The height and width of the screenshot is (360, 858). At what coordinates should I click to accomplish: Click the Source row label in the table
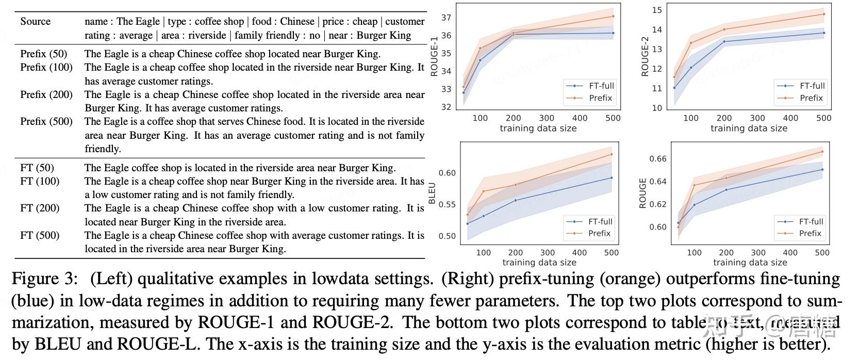[x=35, y=22]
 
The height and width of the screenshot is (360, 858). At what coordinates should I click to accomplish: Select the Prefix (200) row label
[x=46, y=94]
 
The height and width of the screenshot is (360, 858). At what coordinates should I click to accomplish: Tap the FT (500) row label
[x=40, y=235]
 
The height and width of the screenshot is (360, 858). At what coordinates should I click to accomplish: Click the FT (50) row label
[x=37, y=168]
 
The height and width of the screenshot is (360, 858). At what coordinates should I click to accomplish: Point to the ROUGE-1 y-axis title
[x=434, y=56]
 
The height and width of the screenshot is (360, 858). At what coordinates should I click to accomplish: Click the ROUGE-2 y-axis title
[x=645, y=56]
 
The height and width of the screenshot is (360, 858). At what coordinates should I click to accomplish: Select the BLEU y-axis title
[x=432, y=193]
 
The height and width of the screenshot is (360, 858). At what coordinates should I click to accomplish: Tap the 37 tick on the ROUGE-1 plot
[x=447, y=18]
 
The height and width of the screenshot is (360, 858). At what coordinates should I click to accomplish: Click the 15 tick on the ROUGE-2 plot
[x=657, y=10]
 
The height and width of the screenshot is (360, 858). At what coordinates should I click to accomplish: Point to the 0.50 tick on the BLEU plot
[x=447, y=236]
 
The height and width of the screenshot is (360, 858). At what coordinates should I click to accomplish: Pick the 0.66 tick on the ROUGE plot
[x=658, y=158]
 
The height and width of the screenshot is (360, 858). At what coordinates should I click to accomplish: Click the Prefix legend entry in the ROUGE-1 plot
[x=600, y=98]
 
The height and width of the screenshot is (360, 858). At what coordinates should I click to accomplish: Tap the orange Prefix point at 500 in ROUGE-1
[x=613, y=16]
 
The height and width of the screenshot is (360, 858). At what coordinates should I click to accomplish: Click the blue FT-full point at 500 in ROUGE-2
[x=824, y=33]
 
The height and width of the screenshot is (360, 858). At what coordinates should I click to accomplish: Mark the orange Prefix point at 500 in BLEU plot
[x=612, y=154]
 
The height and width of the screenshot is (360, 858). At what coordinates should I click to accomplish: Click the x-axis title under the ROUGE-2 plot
[x=749, y=128]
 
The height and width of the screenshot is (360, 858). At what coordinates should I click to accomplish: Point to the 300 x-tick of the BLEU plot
[x=547, y=253]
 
